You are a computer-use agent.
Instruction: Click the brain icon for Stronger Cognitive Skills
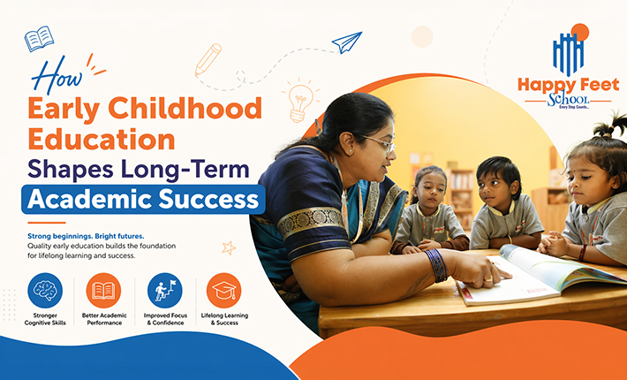[x=45, y=290]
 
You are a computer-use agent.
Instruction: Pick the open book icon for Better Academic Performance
[x=103, y=290]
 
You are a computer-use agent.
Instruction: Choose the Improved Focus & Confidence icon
[x=164, y=290]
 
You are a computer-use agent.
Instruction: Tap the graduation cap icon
[x=224, y=290]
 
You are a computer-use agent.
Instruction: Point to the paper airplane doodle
[x=347, y=42]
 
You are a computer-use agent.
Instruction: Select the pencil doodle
[x=208, y=58]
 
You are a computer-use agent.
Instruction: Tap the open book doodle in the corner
[x=39, y=39]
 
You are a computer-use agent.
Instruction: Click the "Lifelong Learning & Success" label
[x=224, y=319]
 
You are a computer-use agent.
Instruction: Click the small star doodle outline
[x=229, y=248]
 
